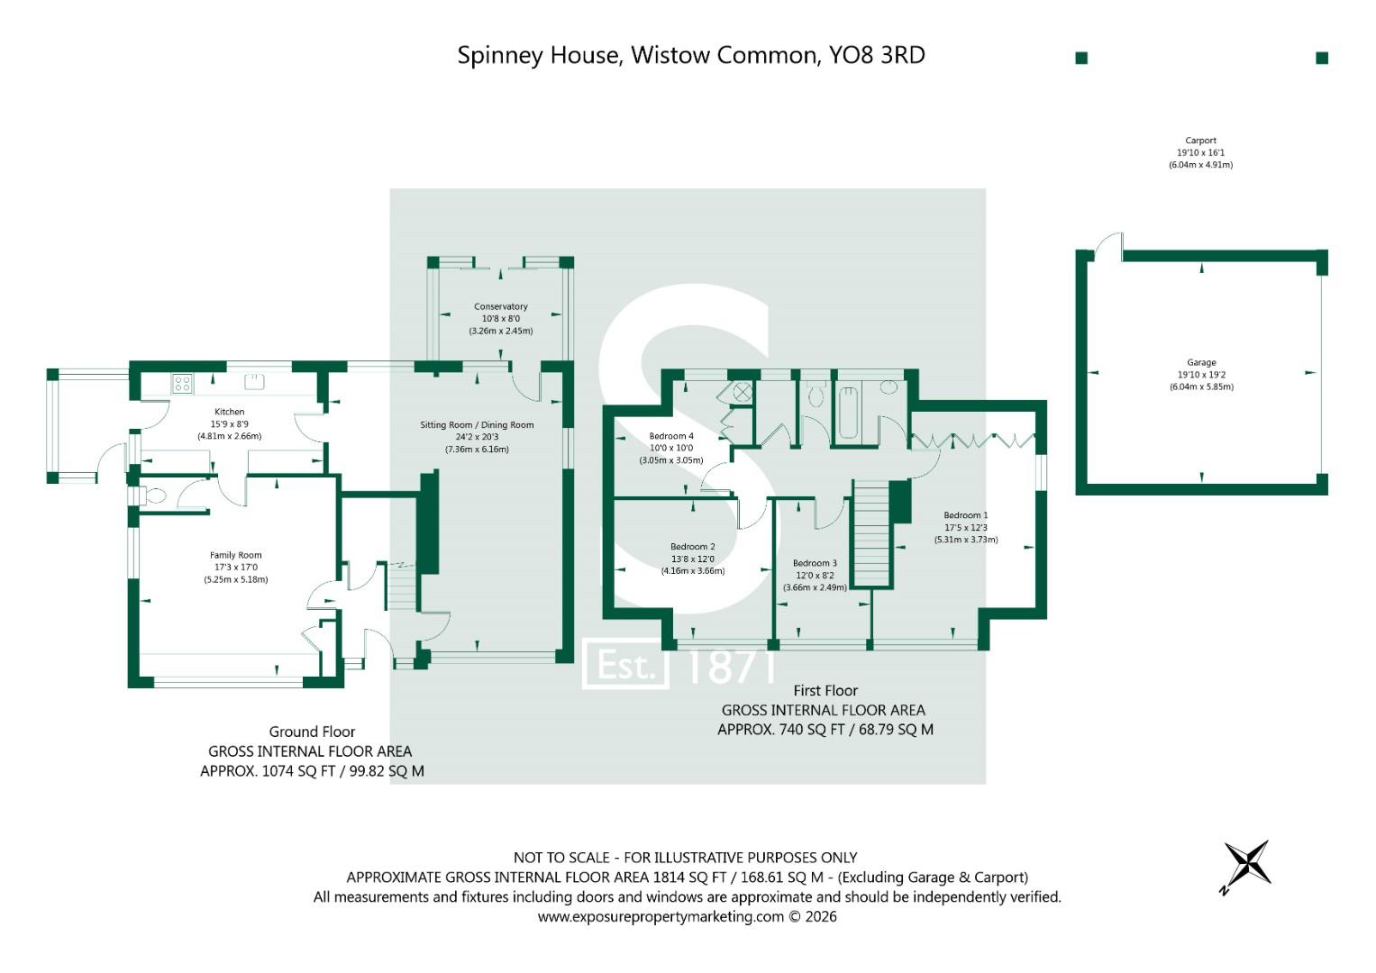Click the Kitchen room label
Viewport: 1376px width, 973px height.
tap(229, 412)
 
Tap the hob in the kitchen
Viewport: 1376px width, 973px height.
tap(182, 384)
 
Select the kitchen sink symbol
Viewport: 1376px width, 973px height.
tap(254, 381)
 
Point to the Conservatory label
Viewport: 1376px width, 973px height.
tap(501, 306)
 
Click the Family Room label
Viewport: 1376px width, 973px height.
tap(236, 555)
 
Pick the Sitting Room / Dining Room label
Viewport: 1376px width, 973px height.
tap(477, 425)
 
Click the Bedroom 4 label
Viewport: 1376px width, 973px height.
tap(671, 436)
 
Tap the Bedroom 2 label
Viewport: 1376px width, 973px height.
tap(693, 547)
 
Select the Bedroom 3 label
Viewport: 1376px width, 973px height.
tap(816, 563)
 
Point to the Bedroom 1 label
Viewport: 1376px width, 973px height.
tap(966, 515)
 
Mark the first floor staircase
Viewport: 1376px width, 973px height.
tap(872, 533)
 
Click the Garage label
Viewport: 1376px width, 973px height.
tap(1201, 363)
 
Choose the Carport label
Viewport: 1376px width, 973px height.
tap(1201, 141)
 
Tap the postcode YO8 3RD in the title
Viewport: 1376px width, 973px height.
tap(877, 55)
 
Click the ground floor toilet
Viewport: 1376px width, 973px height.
tap(153, 496)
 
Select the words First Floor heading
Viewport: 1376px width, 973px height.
tap(825, 690)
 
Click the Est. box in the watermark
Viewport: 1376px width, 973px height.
tap(625, 664)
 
